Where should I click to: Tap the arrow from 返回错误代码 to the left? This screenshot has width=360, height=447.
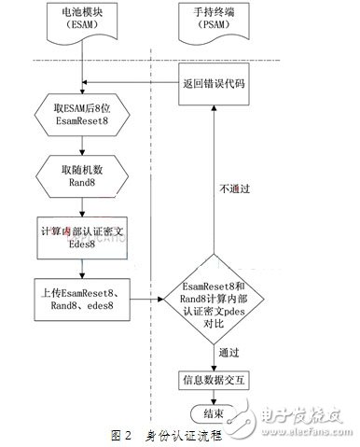click(131, 83)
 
